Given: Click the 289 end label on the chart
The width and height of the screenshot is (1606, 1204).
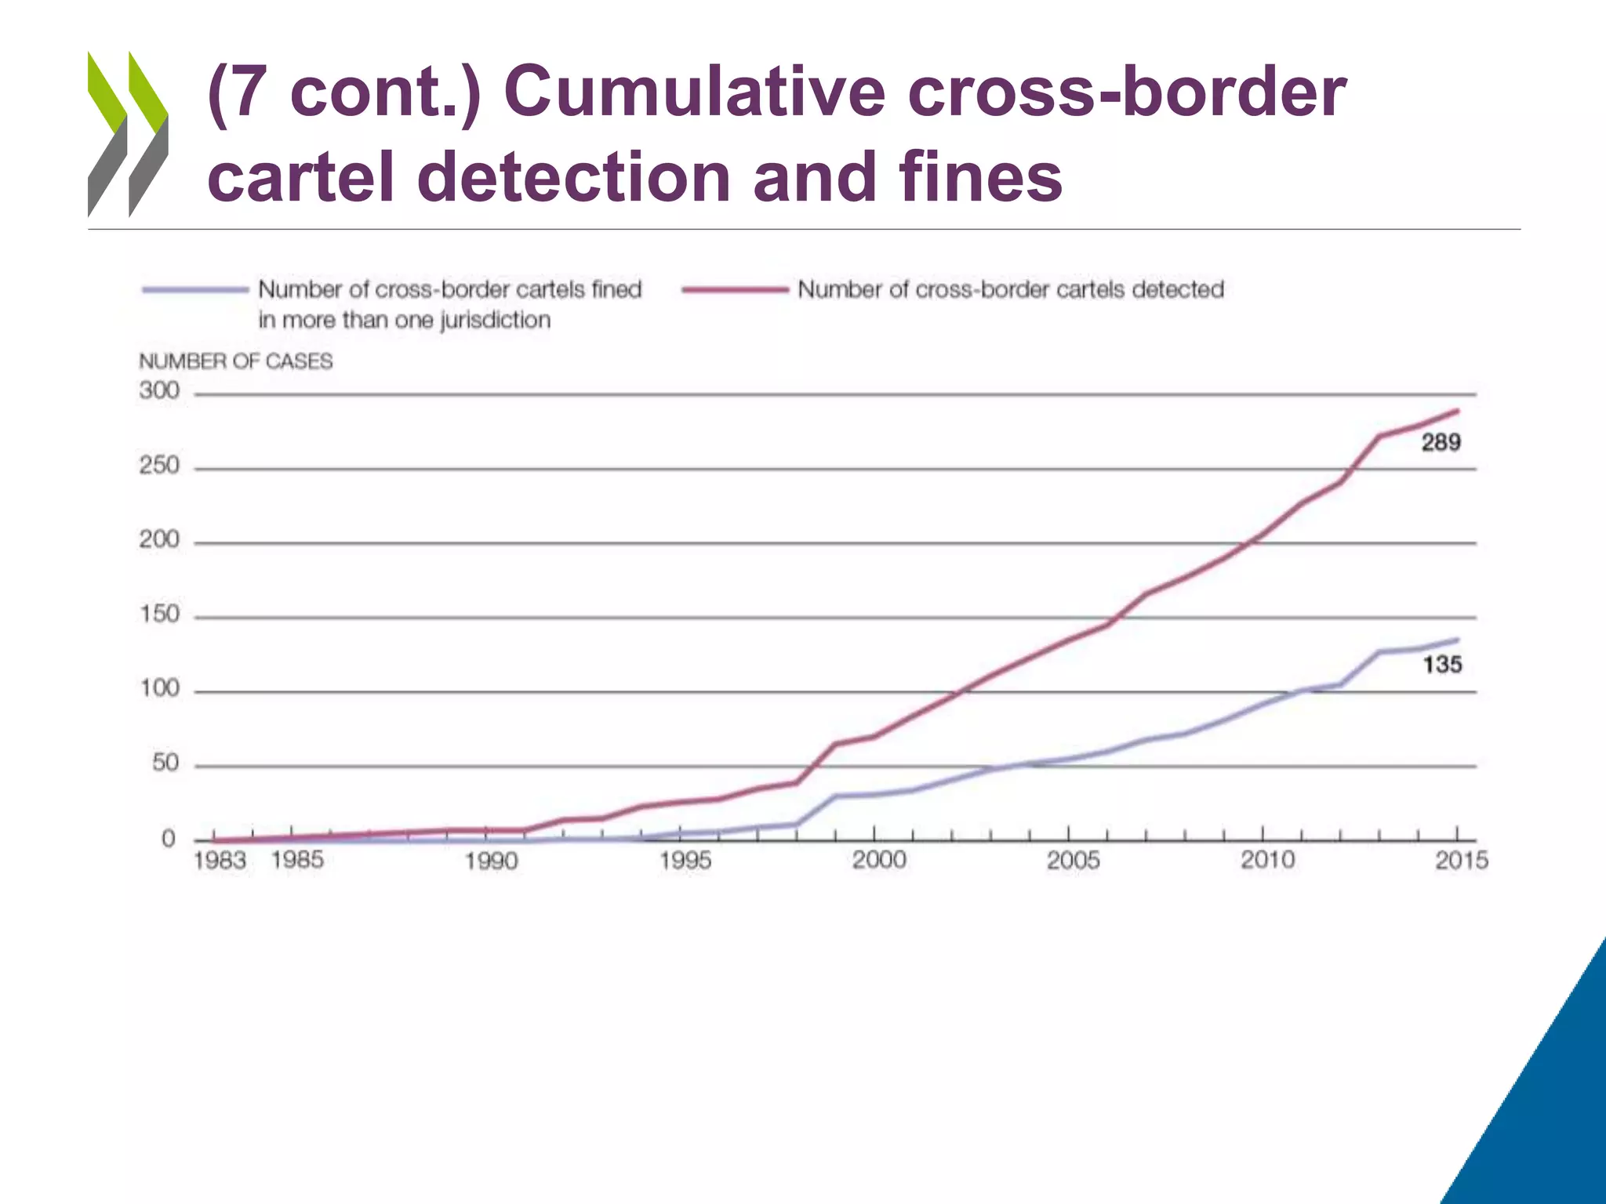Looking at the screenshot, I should pos(1441,443).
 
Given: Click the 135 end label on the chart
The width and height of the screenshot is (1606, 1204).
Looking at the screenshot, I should pos(1442,665).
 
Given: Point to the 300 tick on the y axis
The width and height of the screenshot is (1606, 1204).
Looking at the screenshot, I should pos(159,390).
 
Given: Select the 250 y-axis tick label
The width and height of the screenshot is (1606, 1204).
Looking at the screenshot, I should pos(159,466).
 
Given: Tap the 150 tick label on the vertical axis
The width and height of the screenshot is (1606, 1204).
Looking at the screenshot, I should pos(159,614).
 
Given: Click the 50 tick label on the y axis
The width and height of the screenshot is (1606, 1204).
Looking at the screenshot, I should pos(165,763).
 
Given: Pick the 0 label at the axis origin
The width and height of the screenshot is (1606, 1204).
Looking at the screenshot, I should pos(169,840).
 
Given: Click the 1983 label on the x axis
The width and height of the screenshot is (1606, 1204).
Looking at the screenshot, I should pos(220,861).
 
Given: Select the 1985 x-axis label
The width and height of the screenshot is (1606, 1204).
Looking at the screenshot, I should pos(297,860).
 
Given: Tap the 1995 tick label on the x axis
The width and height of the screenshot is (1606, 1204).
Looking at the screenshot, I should pos(685,861).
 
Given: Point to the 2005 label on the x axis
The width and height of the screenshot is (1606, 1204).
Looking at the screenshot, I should pos(1073,861).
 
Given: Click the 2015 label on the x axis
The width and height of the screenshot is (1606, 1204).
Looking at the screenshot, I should pos(1461,861).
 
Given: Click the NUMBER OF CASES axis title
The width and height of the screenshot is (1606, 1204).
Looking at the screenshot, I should pos(236,361).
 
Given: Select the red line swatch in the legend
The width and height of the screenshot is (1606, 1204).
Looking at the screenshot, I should pos(735,290).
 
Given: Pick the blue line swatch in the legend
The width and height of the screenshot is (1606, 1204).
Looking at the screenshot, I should pos(195,290).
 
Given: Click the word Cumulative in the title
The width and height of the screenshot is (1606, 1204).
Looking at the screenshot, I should pos(699,92).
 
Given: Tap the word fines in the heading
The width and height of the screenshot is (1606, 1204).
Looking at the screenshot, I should pos(980,177).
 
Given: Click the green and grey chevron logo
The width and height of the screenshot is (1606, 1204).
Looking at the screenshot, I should pos(128,134).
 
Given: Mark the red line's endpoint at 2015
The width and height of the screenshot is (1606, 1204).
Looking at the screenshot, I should pos(1457,410).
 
